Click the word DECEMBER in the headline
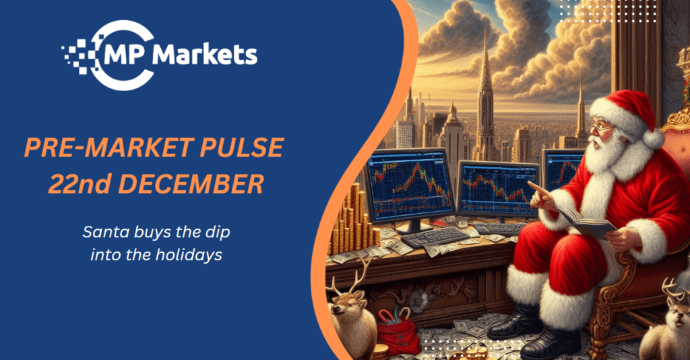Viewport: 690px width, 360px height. pos(191,184)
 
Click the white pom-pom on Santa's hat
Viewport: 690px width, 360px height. pos(653,138)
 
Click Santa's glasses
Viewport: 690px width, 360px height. pos(602,128)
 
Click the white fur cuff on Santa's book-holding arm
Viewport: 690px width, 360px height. pos(645,240)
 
